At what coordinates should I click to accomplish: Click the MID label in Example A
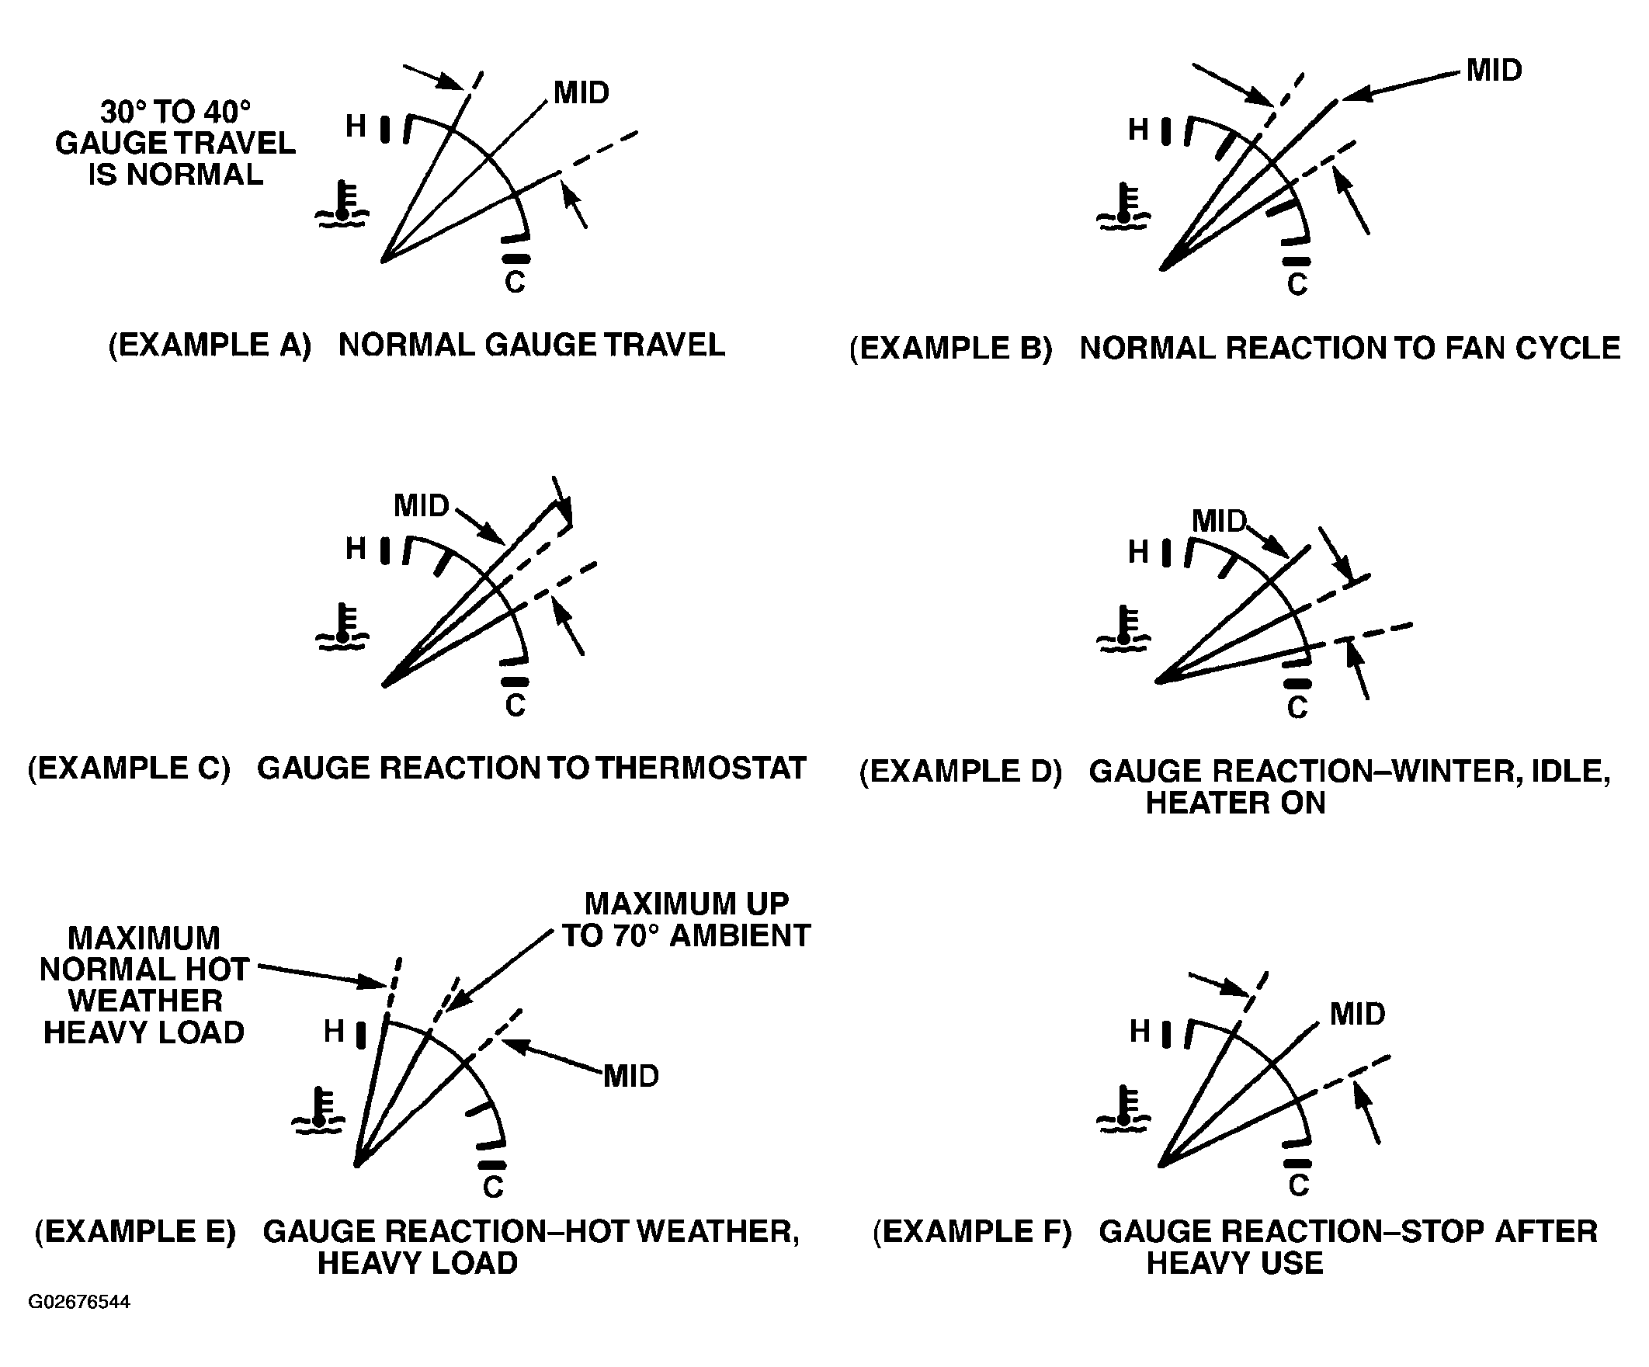click(x=581, y=92)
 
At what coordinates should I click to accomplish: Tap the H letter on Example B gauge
click(x=1139, y=130)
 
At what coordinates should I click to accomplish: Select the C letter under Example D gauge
click(x=1297, y=708)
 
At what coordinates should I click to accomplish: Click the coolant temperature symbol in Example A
click(x=342, y=205)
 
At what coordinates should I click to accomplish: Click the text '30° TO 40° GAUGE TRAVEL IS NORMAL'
click(x=175, y=143)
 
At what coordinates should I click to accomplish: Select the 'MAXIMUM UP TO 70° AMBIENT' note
click(x=686, y=919)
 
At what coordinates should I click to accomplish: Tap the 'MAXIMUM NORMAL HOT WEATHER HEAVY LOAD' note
click(x=144, y=985)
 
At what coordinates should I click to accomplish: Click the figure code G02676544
click(x=79, y=1301)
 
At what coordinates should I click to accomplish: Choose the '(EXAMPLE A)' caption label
click(x=210, y=345)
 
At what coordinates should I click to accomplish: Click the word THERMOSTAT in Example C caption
click(x=700, y=768)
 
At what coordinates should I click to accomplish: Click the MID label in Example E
click(x=631, y=1076)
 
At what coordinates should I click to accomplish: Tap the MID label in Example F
click(x=1358, y=1014)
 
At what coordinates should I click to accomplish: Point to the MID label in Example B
click(x=1495, y=71)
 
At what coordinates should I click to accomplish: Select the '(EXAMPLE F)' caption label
click(x=972, y=1231)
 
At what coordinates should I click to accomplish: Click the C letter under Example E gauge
click(x=493, y=1187)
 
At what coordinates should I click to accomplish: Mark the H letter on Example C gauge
click(x=356, y=548)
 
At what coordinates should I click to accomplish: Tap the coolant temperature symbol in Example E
click(x=318, y=1110)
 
